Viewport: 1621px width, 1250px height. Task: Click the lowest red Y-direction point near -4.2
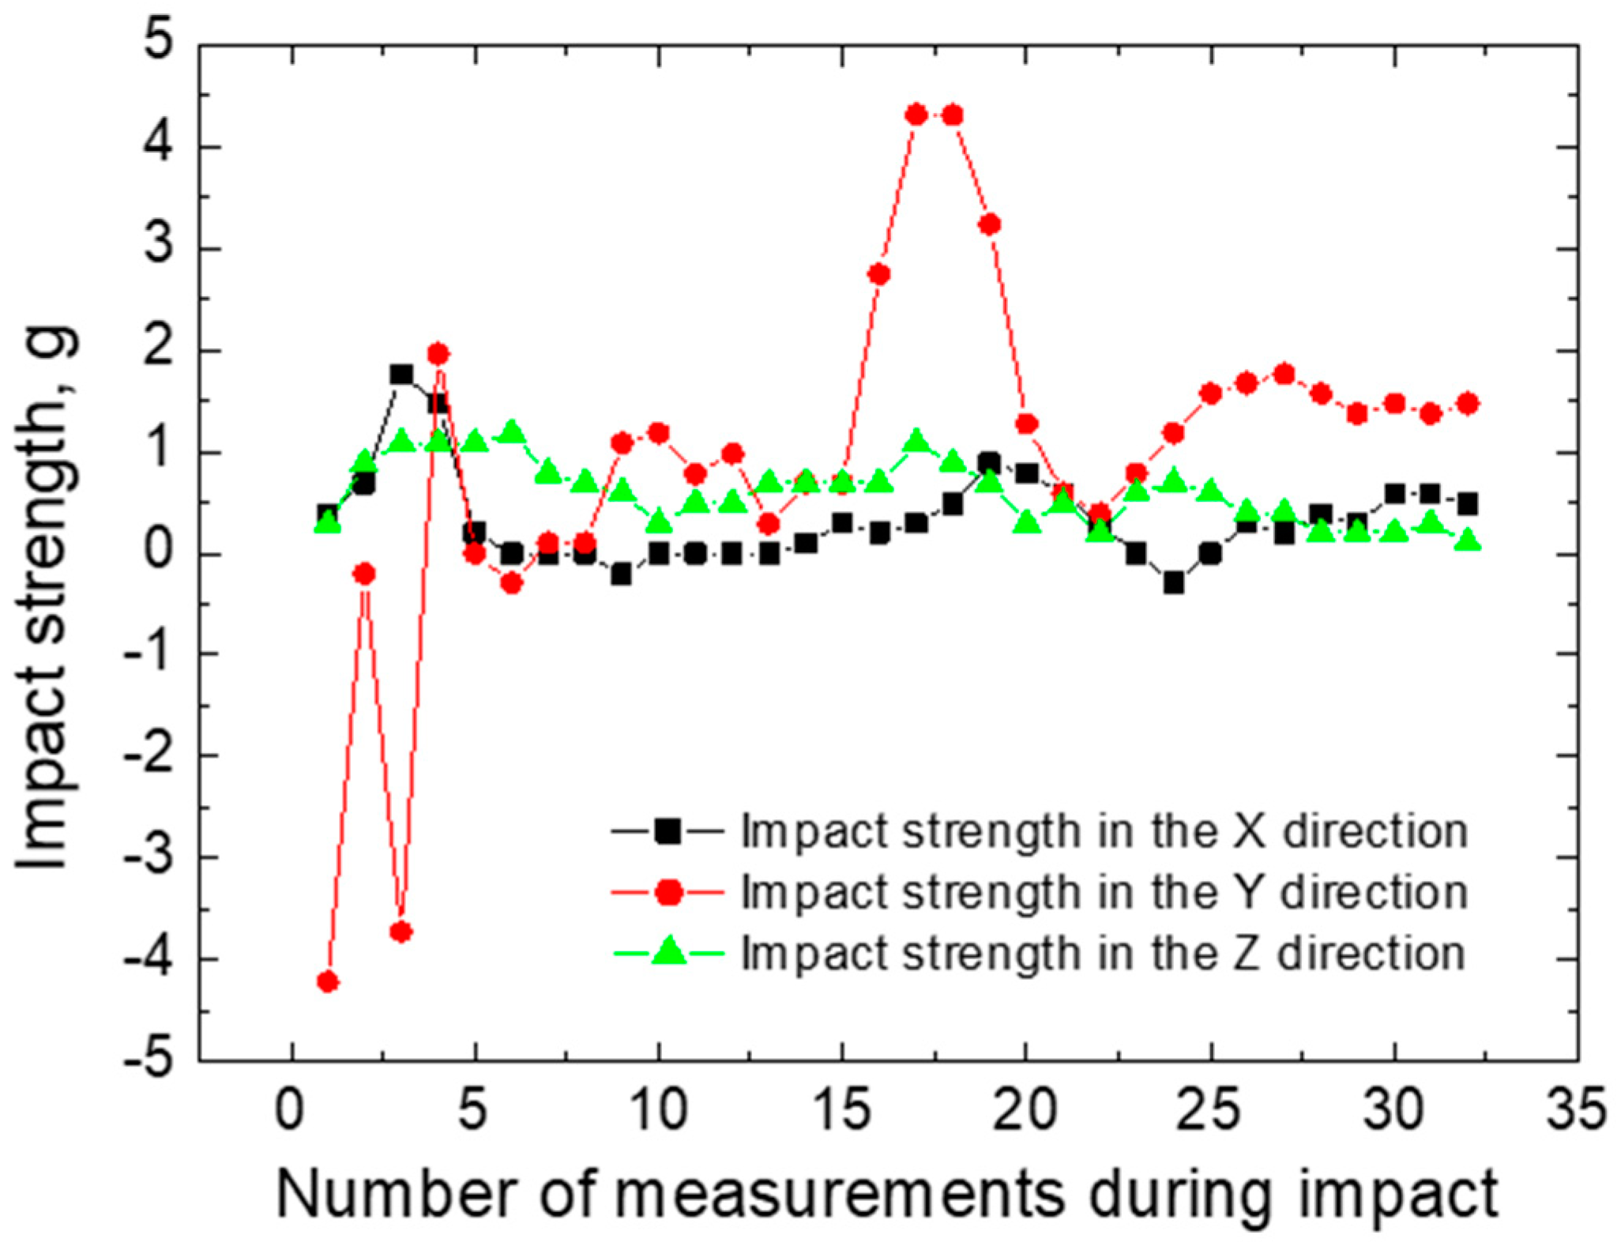[327, 981]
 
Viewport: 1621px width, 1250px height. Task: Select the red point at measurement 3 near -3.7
[401, 932]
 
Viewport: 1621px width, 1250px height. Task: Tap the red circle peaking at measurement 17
[916, 115]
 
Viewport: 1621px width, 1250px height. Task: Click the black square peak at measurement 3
[401, 374]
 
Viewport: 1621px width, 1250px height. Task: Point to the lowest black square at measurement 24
[1174, 583]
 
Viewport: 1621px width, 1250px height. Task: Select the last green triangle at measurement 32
[1468, 540]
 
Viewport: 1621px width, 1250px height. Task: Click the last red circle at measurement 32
[1468, 404]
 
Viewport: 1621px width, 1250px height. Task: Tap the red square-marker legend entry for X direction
[668, 830]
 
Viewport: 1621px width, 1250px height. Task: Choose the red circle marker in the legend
[668, 892]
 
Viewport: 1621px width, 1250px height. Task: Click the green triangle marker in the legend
[668, 951]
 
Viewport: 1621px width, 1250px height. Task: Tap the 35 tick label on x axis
[1576, 1110]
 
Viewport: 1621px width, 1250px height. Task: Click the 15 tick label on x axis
[842, 1110]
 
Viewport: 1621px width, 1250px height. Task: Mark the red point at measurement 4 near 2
[438, 353]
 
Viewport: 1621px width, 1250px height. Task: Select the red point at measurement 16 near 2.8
[878, 274]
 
